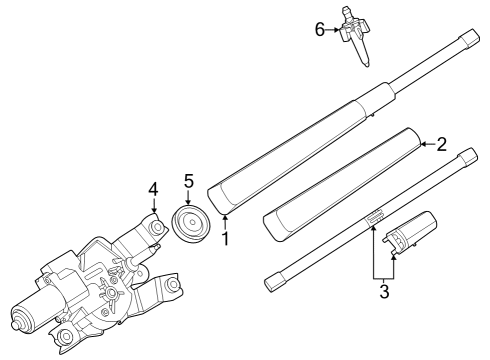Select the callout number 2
pyautogui.click(x=442, y=144)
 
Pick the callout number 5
pyautogui.click(x=187, y=181)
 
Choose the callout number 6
pyautogui.click(x=320, y=30)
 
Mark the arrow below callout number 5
pyautogui.click(x=187, y=197)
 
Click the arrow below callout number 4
pyautogui.click(x=153, y=204)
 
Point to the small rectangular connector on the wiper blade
pyautogui.click(x=375, y=215)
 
